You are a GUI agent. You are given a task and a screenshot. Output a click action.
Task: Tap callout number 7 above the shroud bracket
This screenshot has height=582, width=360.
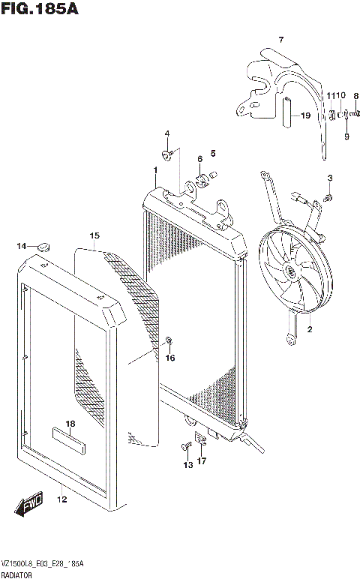(x=281, y=40)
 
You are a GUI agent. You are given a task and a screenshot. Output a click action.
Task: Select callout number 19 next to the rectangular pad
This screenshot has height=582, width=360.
(x=305, y=115)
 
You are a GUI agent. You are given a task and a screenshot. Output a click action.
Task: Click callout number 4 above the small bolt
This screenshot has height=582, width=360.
(x=167, y=134)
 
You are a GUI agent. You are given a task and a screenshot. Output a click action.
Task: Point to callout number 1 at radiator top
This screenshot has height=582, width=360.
(x=154, y=170)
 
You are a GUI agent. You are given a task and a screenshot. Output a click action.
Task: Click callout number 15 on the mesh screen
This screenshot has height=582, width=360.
(x=94, y=235)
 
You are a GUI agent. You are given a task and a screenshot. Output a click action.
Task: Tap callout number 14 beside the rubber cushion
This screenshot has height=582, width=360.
(x=22, y=246)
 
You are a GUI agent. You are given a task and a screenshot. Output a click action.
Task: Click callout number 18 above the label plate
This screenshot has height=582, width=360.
(x=70, y=424)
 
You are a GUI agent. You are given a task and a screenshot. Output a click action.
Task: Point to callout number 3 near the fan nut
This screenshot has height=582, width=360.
(x=329, y=177)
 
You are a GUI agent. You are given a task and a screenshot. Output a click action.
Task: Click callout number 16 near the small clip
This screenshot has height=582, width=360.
(x=169, y=358)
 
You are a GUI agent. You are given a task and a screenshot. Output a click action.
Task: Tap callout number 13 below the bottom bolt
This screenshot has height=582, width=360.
(x=187, y=465)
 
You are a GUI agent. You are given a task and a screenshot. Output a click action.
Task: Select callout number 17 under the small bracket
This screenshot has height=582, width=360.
(x=202, y=461)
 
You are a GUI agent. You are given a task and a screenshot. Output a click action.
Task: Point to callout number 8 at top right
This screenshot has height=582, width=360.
(x=356, y=96)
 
